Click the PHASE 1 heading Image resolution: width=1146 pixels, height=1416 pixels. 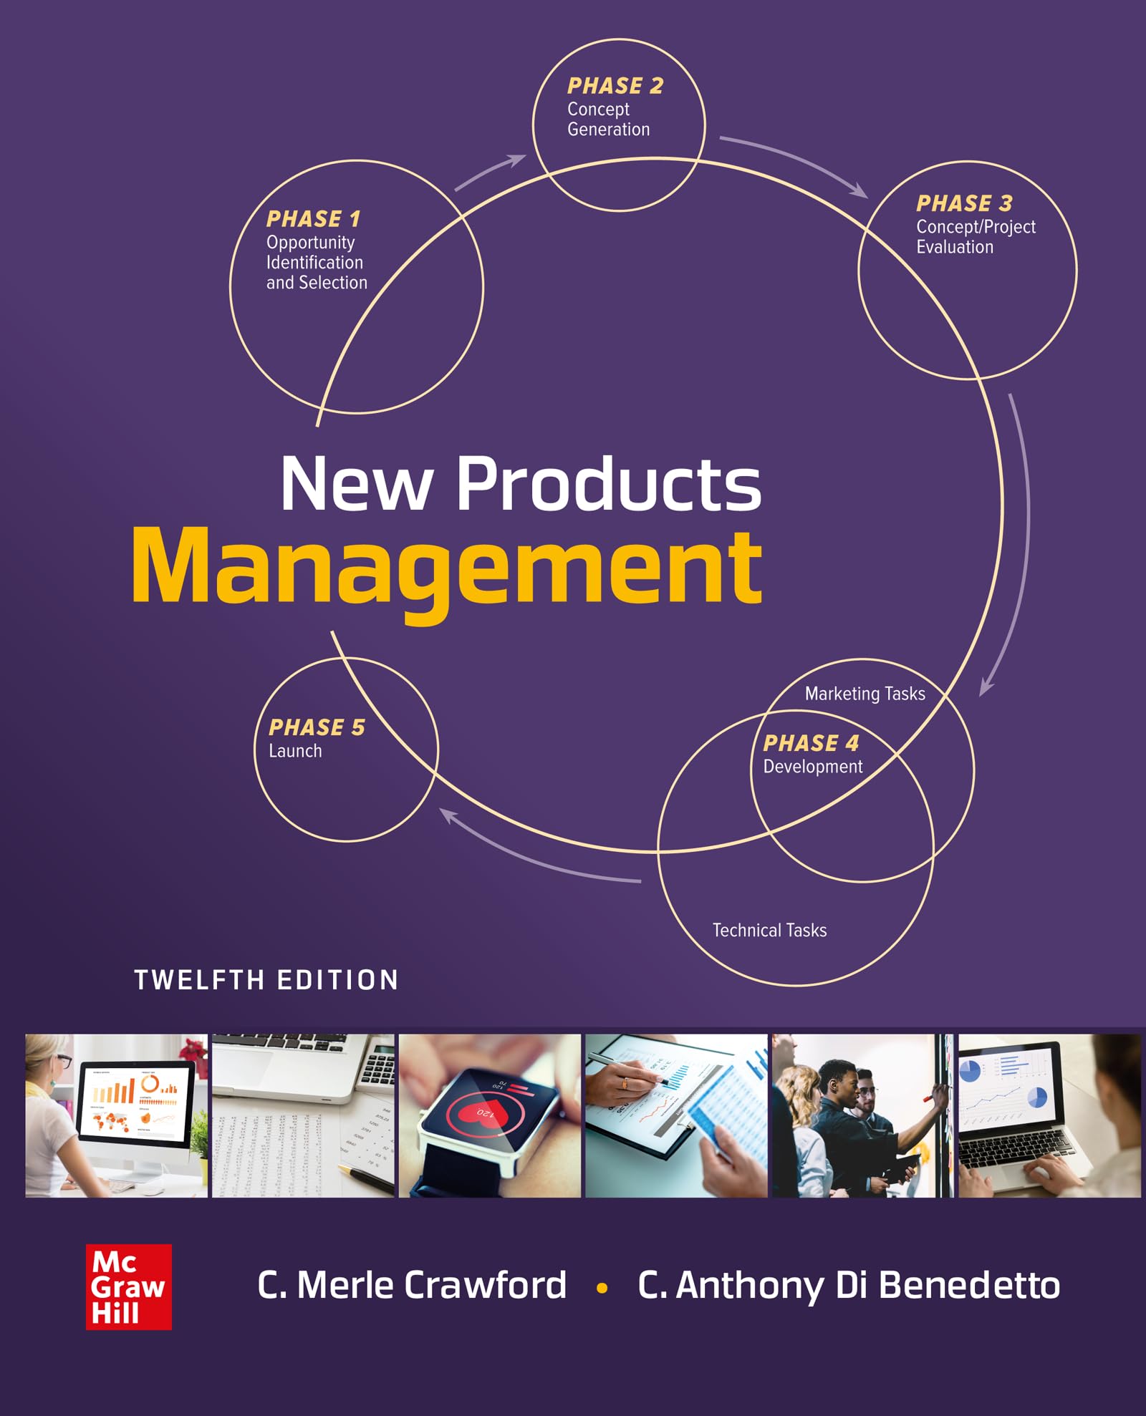313,218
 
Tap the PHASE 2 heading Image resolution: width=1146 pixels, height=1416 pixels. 615,86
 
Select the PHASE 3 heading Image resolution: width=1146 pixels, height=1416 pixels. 964,203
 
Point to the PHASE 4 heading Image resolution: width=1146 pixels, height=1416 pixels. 811,743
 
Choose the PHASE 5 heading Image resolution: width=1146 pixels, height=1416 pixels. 317,727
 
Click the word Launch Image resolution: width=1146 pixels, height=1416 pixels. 295,751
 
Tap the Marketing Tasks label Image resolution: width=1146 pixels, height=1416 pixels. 865,694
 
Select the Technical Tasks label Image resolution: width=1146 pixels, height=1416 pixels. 769,930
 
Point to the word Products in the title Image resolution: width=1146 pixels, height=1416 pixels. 609,485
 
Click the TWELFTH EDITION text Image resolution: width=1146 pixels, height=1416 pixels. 266,980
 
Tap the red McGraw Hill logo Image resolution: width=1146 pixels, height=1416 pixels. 129,1286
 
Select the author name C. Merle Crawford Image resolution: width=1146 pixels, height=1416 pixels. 412,1285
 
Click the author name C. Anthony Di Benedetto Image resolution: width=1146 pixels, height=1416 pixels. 849,1285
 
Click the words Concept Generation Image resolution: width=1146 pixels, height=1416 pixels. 608,120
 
